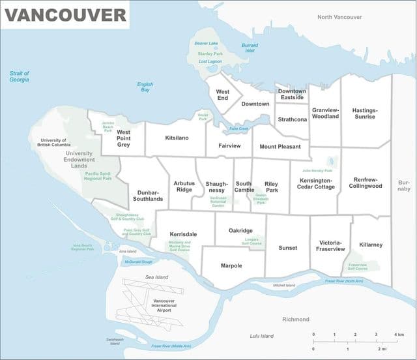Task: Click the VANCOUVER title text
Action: click(x=66, y=14)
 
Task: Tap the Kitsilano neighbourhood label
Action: click(x=177, y=138)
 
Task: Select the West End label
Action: click(x=222, y=95)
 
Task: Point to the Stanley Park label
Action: click(x=210, y=53)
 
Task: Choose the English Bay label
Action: click(x=145, y=87)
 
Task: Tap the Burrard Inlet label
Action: click(x=250, y=48)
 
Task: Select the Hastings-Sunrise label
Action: click(x=364, y=113)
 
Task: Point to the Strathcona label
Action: click(x=292, y=120)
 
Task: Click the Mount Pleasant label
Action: click(x=280, y=147)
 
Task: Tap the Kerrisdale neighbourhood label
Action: click(x=183, y=233)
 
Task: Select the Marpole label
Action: click(x=231, y=265)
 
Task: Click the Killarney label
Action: click(x=371, y=245)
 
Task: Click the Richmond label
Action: click(x=296, y=320)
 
